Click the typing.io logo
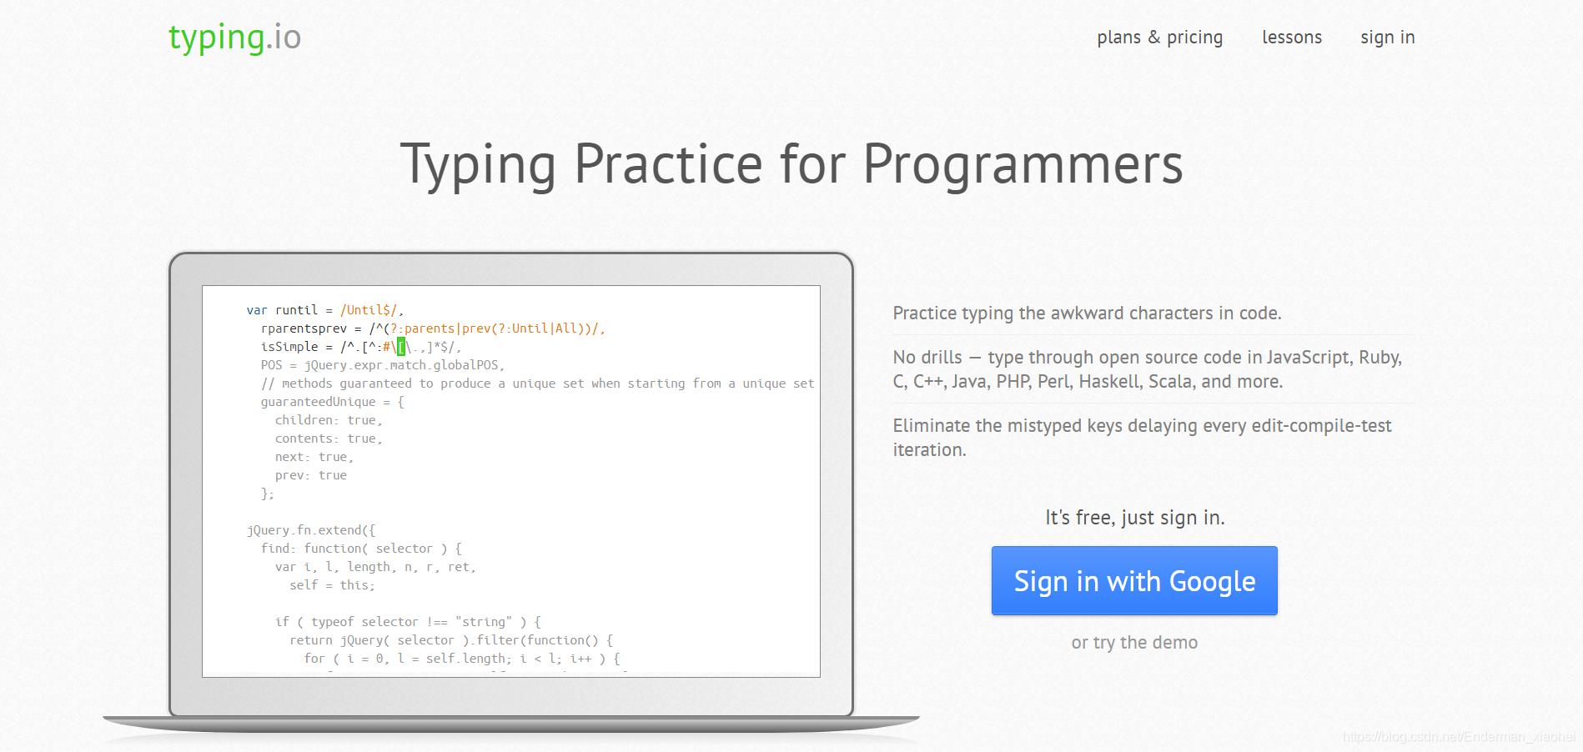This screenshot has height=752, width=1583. click(234, 38)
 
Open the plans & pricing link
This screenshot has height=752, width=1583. click(1159, 38)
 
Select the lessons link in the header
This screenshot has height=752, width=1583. click(1292, 38)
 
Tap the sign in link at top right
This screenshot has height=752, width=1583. click(1388, 38)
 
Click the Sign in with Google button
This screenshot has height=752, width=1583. click(1134, 581)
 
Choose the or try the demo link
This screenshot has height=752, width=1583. click(1134, 643)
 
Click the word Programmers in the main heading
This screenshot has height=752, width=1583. click(1023, 165)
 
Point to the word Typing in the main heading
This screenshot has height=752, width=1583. click(478, 165)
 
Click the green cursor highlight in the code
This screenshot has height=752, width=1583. click(401, 347)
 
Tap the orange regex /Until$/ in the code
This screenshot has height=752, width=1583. click(368, 310)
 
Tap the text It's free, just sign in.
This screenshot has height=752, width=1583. click(1135, 518)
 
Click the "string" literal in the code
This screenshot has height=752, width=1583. click(484, 622)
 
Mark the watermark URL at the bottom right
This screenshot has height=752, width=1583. click(1459, 737)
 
